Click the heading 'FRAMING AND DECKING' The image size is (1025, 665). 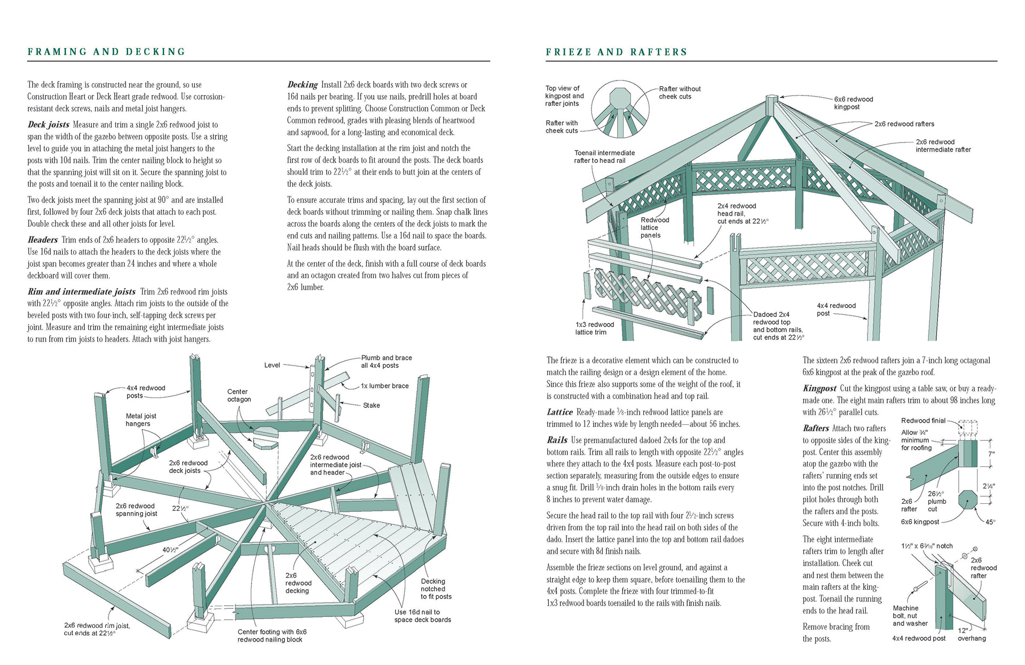click(106, 52)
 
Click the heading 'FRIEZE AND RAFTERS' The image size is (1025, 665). click(616, 52)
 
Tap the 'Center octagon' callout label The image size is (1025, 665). click(239, 395)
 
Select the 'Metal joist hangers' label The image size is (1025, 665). click(141, 419)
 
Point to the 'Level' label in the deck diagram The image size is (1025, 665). click(272, 365)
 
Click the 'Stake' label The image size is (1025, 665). click(372, 405)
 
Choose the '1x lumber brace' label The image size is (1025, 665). click(384, 386)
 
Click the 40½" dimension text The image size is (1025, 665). click(170, 550)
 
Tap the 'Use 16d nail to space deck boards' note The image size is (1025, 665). click(422, 616)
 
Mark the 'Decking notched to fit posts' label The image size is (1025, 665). click(436, 589)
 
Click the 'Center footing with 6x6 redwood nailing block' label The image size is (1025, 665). click(272, 636)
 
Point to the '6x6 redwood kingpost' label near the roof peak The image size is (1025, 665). click(853, 103)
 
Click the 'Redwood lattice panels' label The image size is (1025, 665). click(655, 227)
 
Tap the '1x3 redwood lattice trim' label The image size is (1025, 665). click(594, 328)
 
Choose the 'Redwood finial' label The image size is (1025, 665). click(923, 421)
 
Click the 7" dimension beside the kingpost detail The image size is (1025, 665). click(991, 454)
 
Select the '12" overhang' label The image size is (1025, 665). click(972, 635)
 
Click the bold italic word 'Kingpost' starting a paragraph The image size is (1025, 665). click(819, 389)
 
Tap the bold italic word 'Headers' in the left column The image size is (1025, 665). click(43, 240)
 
